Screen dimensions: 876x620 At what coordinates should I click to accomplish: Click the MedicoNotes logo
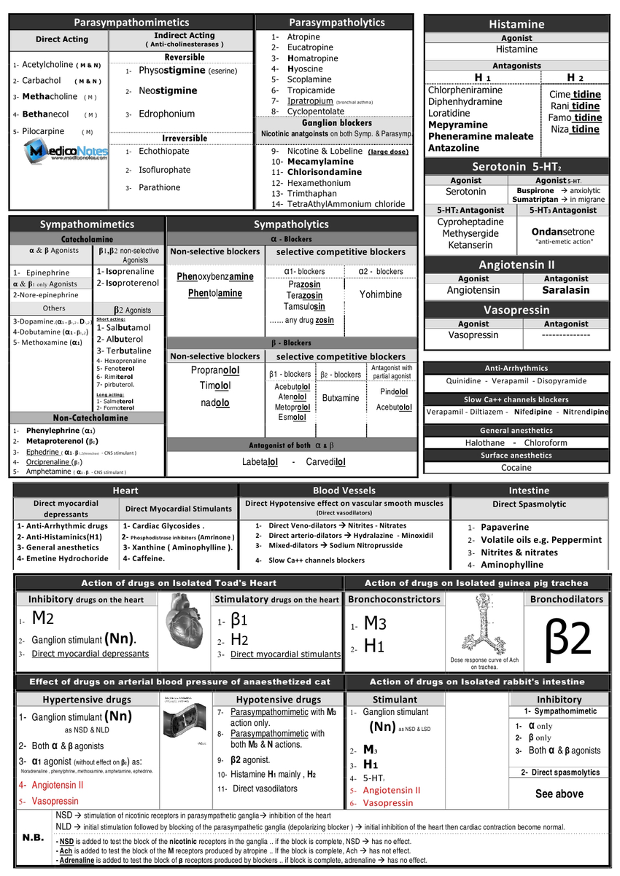[66, 152]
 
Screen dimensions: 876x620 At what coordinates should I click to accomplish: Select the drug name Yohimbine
[381, 294]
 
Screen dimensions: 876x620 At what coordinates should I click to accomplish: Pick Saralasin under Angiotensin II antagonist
[565, 290]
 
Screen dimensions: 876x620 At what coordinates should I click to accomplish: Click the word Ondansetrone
[565, 231]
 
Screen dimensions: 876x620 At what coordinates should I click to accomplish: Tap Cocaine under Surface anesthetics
[516, 468]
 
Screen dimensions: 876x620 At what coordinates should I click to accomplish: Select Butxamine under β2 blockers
[341, 398]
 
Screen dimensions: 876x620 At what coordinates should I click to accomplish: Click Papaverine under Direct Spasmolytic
[505, 527]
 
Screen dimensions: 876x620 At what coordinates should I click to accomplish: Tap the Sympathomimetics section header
[87, 224]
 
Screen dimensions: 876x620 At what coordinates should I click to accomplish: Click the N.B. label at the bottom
[33, 837]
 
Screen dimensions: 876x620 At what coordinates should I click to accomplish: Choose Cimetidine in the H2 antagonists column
[576, 94]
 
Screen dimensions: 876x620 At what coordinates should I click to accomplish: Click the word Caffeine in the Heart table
[144, 559]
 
